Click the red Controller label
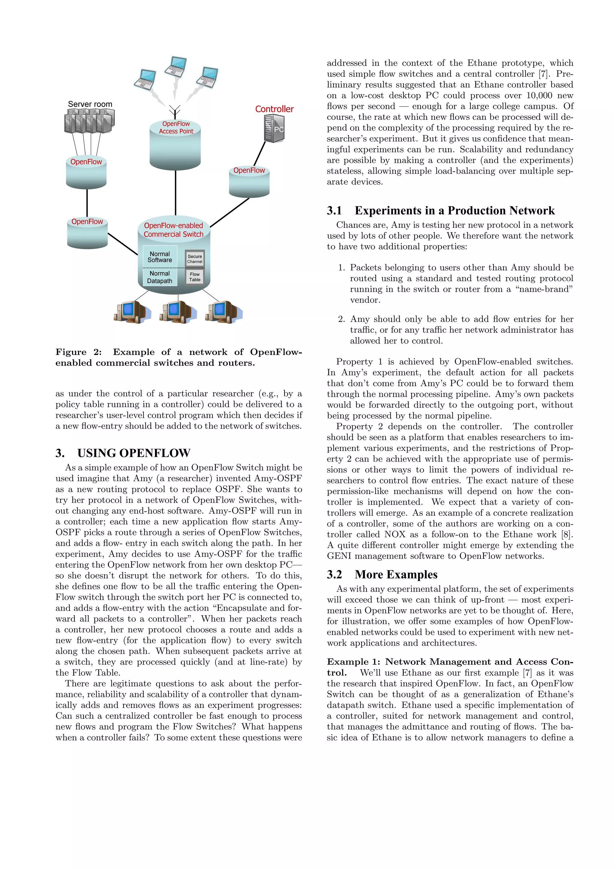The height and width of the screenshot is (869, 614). coord(274,109)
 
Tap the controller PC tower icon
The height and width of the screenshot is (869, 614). coord(274,128)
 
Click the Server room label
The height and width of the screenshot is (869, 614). coord(90,104)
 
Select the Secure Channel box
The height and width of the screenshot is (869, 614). coord(195,259)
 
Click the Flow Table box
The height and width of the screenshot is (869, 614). coord(195,277)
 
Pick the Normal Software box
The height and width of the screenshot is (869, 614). coord(160,257)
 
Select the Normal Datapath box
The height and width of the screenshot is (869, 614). coord(160,277)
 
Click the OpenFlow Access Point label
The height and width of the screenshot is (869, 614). coord(176,127)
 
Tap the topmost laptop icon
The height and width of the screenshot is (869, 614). coord(176,66)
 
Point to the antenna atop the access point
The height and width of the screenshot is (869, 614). coord(175,111)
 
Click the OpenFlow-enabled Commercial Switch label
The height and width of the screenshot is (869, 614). coord(173,230)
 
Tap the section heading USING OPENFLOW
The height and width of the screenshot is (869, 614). coord(133,453)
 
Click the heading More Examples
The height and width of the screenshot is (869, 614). coord(396,575)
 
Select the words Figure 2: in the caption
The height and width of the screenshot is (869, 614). coord(79,352)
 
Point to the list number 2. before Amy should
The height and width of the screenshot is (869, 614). coord(341,319)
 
